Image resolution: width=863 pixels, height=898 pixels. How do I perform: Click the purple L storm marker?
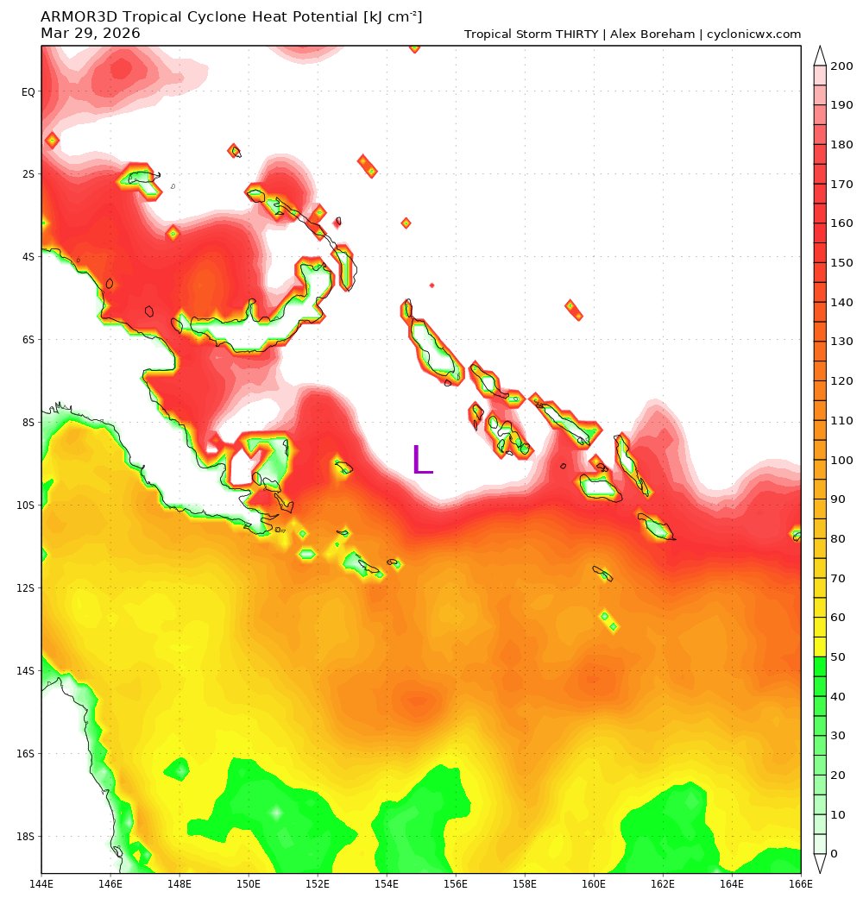pos(422,459)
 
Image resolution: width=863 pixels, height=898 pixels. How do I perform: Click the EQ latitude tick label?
pos(28,91)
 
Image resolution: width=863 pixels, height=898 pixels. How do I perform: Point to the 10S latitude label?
pos(27,506)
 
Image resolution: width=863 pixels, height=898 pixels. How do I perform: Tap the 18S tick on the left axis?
pos(27,837)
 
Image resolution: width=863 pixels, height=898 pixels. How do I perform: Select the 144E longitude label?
pos(41,883)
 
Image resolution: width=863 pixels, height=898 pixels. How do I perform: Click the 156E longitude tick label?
pos(456,883)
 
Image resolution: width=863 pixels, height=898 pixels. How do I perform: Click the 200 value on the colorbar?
pos(841,66)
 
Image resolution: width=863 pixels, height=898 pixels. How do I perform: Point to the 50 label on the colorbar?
pos(838,656)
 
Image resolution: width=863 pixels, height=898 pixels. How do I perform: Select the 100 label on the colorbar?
pos(841,460)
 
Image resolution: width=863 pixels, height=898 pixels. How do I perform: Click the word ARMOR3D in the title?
pos(79,17)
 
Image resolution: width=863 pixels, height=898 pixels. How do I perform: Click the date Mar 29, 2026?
pos(91,34)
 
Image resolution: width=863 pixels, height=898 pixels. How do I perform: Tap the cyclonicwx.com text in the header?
pos(753,35)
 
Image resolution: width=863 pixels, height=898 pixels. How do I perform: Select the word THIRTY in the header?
pos(575,35)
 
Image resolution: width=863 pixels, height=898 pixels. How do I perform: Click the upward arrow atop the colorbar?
pos(820,54)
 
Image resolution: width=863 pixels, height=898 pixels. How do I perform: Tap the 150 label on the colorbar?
pos(841,262)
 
